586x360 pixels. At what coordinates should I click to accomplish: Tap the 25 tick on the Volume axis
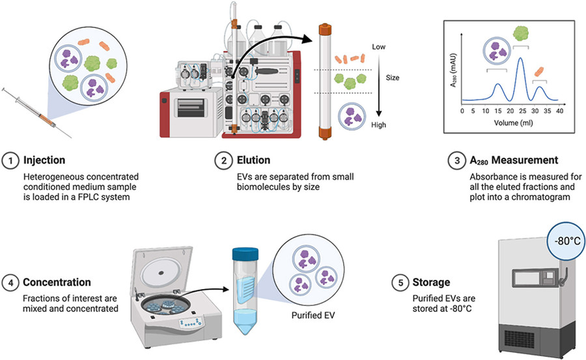pos(520,111)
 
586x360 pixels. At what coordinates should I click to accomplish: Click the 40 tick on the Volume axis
pos(560,111)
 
